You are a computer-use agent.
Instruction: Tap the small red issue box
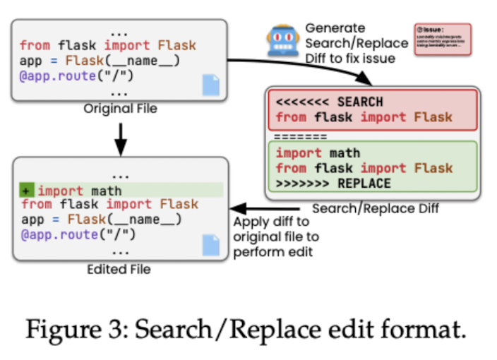[442, 40]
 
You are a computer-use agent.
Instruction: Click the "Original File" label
[119, 109]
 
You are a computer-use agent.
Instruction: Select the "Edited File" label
[119, 269]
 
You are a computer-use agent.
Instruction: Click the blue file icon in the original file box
[210, 85]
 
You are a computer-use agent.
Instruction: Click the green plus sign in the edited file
[26, 191]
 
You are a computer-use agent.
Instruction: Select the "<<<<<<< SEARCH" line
[329, 102]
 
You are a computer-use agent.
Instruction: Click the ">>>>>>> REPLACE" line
[333, 184]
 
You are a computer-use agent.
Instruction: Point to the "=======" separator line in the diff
[300, 136]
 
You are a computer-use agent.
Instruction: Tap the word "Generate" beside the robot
[335, 28]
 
